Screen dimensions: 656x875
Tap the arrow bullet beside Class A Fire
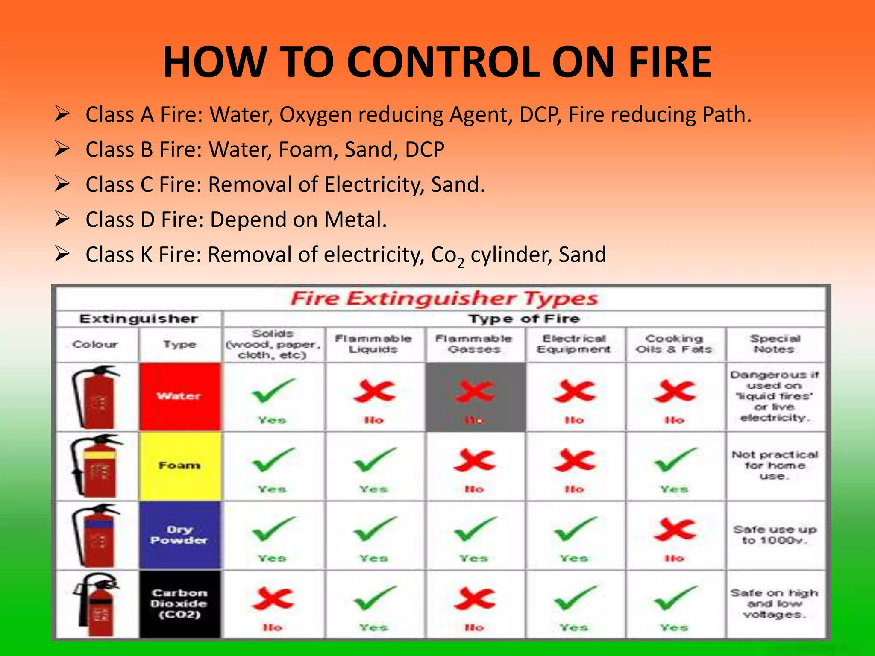(x=62, y=114)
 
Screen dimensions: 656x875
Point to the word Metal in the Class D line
(x=355, y=220)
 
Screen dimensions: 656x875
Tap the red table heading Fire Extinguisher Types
(x=444, y=299)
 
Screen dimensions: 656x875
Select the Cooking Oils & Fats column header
(x=674, y=344)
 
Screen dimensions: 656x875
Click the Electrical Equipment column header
(x=574, y=344)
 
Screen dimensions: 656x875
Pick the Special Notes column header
(x=775, y=344)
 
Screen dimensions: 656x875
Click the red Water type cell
(x=179, y=396)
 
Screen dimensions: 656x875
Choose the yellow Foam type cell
(x=179, y=466)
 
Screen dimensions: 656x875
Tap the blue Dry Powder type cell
(x=179, y=535)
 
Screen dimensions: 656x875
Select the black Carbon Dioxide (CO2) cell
(x=179, y=604)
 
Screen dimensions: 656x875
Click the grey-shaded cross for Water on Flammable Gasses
(x=474, y=392)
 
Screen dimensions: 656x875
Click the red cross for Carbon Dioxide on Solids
(x=273, y=599)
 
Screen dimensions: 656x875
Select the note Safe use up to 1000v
(x=775, y=535)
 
